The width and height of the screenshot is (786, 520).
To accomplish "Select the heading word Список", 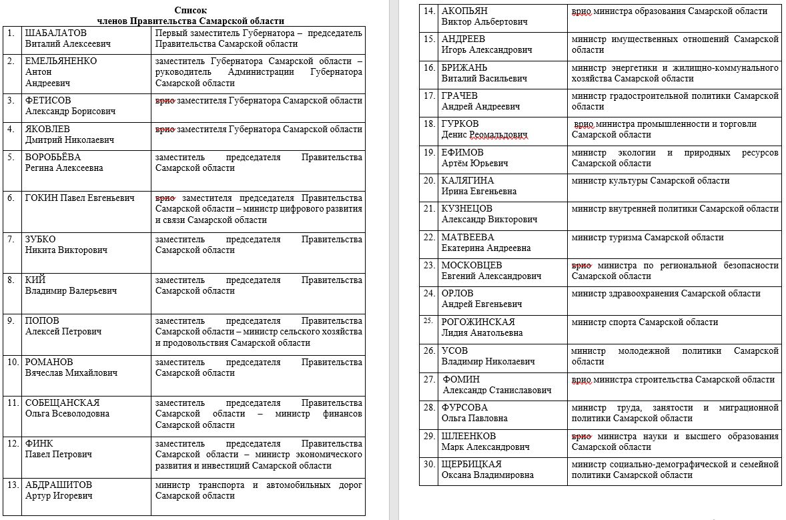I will click(190, 10).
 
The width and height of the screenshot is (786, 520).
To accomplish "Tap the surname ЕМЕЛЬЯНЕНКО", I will click(61, 61).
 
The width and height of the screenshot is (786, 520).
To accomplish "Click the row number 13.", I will click(12, 485).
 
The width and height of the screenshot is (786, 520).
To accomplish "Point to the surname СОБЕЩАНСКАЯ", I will click(62, 403).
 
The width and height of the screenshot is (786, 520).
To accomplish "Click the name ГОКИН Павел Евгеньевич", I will click(79, 198).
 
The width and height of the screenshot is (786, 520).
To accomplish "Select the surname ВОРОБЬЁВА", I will click(53, 157).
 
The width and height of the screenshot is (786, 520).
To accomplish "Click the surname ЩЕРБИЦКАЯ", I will click(472, 464).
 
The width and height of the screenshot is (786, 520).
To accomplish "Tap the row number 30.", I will click(429, 464).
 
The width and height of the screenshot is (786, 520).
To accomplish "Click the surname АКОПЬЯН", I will click(464, 11).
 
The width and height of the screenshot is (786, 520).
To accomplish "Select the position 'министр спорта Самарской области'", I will click(645, 322).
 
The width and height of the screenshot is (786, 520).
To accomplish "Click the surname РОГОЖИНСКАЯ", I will click(478, 322).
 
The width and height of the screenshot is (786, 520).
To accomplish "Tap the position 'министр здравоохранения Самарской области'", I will click(666, 293).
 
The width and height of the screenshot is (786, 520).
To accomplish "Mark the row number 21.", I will click(429, 209).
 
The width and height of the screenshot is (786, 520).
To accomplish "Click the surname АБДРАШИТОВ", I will click(59, 485).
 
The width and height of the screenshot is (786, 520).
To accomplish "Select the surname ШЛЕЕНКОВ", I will click(468, 436).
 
